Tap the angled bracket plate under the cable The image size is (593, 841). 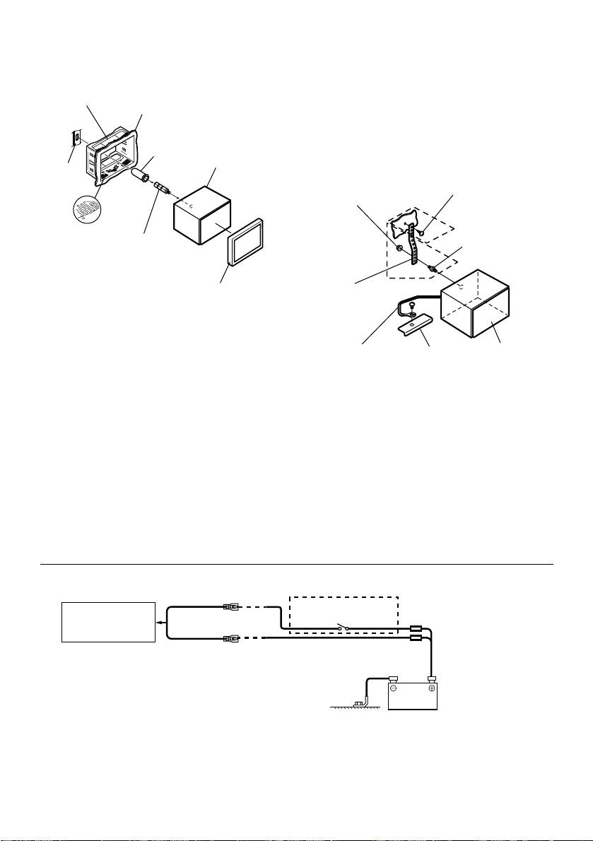click(414, 327)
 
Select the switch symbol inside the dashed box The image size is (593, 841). click(343, 627)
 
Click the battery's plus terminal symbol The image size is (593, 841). click(430, 688)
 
